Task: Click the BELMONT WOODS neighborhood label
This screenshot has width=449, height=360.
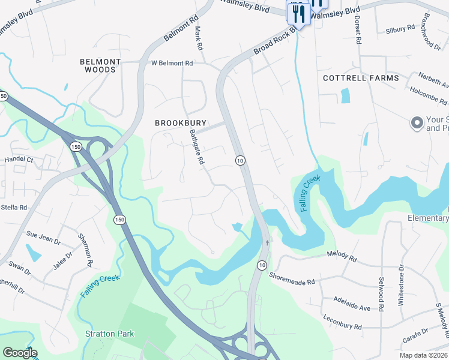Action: [x=101, y=66]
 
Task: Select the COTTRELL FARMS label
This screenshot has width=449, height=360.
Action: [x=360, y=79]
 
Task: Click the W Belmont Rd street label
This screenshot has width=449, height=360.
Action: [x=172, y=63]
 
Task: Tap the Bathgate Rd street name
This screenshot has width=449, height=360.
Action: [x=197, y=148]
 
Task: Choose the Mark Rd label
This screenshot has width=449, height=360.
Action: [x=197, y=38]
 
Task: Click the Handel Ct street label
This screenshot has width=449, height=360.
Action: [x=19, y=160]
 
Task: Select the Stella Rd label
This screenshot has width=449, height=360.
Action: [x=14, y=208]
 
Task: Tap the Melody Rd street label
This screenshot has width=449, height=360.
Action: [x=342, y=255]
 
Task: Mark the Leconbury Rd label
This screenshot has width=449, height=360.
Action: [x=342, y=322]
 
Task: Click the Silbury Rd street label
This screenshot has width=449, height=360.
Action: [x=400, y=29]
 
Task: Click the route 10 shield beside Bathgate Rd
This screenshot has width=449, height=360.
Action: [x=240, y=160]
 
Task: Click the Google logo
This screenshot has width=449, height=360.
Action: [x=20, y=353]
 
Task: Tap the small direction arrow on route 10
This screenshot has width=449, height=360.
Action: [x=267, y=243]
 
